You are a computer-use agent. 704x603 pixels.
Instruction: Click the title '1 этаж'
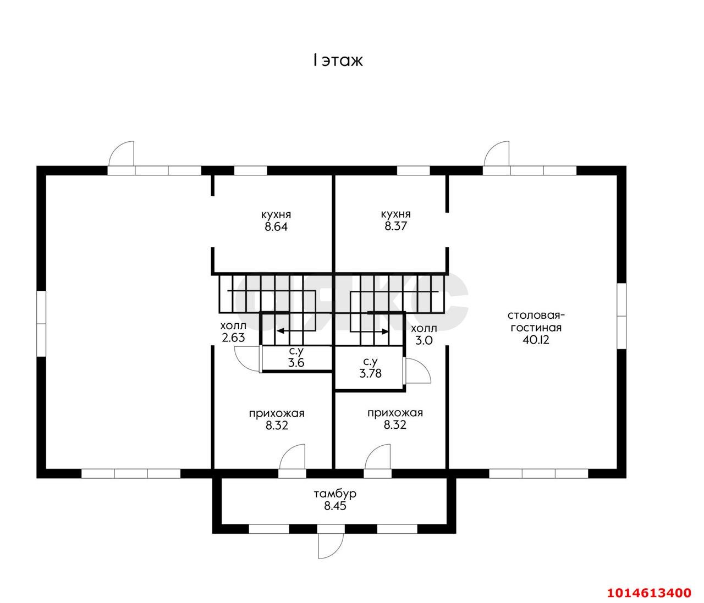338,60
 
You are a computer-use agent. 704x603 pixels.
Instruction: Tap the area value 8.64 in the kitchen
276,227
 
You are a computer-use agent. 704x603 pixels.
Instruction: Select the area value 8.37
395,226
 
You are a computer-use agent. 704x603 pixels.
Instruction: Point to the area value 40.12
536,340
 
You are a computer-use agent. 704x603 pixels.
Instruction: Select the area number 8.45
335,506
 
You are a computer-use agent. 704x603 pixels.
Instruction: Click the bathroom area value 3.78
371,374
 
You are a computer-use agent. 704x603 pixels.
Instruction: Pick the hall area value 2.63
233,338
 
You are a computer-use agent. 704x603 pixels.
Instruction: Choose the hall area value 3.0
424,340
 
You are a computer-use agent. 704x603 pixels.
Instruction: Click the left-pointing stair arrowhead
280,330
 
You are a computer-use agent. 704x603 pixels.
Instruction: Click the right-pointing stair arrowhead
384,331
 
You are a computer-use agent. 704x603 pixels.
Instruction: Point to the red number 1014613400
650,593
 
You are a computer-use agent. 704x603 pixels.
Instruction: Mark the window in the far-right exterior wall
621,316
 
